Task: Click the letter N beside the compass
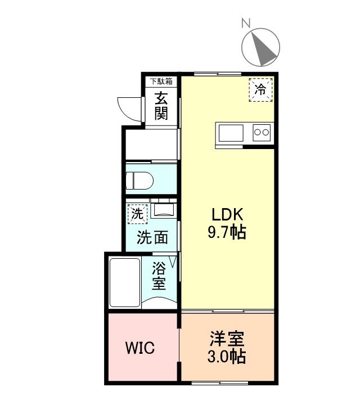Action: pos(246,22)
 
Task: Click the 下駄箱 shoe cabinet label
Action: pos(161,82)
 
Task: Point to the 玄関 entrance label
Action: pos(161,106)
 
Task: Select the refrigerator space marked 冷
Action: pos(260,89)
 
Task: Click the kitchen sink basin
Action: pos(231,133)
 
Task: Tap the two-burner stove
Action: pos(262,133)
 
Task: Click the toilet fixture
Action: pos(139,181)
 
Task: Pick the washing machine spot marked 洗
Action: pos(137,214)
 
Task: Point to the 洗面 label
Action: pos(152,237)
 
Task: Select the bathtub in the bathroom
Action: pos(125,282)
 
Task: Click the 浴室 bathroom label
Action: pos(159,276)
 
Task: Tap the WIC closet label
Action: pos(140,348)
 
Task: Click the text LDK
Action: pos(227,214)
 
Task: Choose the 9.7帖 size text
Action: pos(227,232)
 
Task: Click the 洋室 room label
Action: pos(227,339)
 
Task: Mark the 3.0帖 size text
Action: pos(227,357)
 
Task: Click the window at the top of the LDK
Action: pos(218,74)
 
